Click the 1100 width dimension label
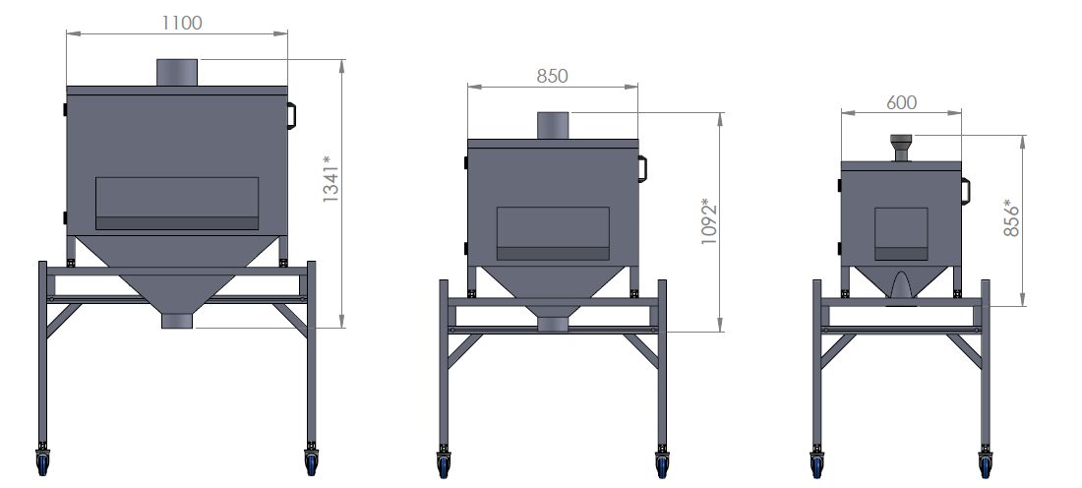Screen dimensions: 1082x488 point(182,23)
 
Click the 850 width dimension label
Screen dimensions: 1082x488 point(552,76)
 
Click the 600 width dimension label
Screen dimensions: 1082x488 point(901,103)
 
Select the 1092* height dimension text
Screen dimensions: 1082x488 point(709,221)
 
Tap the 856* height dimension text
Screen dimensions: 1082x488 point(1011,218)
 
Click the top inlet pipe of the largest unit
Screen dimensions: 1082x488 point(177,73)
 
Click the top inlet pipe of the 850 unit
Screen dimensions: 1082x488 point(553,126)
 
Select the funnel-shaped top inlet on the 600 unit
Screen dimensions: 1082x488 point(901,148)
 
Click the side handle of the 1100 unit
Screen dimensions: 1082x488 point(291,116)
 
